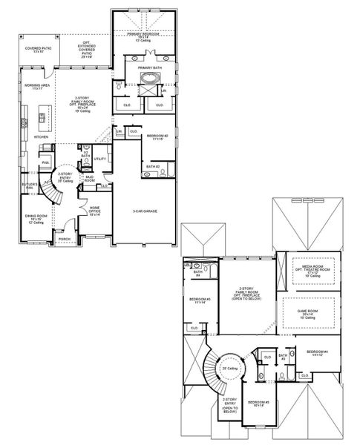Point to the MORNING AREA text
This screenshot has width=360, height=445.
click(x=37, y=86)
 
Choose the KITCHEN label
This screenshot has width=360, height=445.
click(x=42, y=136)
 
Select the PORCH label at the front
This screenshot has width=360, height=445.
click(x=65, y=239)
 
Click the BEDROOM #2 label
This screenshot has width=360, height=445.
click(x=157, y=137)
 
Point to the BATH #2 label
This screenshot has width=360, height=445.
click(x=153, y=167)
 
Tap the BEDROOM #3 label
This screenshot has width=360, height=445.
click(x=200, y=300)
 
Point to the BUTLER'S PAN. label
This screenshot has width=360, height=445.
click(x=29, y=185)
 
